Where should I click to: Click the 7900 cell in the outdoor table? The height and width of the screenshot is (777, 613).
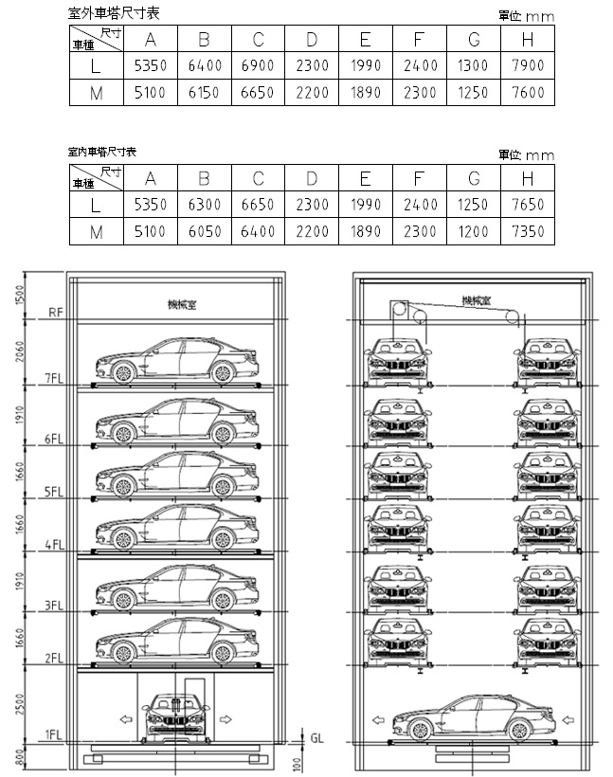pos(528,66)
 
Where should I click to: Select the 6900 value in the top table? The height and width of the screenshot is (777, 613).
pos(258,66)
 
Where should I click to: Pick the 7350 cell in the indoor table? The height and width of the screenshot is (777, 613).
pos(528,231)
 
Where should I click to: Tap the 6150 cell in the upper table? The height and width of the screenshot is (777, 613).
pos(204,93)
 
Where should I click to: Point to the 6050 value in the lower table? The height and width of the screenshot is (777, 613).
pos(204,231)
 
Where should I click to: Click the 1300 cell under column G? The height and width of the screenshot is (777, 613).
pos(474,66)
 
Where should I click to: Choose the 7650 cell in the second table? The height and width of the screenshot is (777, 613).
pos(528,205)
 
